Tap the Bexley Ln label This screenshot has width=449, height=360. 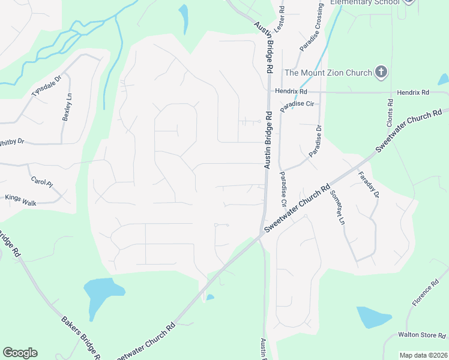(x=68, y=108)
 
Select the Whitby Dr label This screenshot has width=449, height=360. (x=12, y=142)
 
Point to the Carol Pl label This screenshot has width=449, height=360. (x=38, y=180)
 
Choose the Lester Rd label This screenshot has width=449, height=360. (x=279, y=20)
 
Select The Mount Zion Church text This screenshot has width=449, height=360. (x=328, y=73)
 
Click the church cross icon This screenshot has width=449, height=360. (x=380, y=73)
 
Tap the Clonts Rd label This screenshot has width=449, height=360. (x=390, y=112)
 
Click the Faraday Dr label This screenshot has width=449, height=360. (x=369, y=185)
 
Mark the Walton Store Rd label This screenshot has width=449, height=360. (x=422, y=335)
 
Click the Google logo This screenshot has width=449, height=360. (x=20, y=352)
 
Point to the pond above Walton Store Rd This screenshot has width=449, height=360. (x=373, y=316)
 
